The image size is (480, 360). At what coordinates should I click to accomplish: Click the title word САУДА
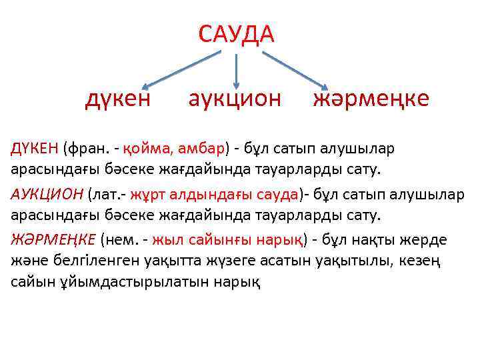point(236,33)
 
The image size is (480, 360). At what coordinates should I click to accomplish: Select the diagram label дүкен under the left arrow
point(118,99)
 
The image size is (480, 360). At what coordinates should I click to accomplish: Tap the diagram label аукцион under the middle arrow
point(235,99)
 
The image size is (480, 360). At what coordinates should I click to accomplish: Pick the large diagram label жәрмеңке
point(371,99)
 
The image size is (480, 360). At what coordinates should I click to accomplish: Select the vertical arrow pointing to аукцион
point(236,69)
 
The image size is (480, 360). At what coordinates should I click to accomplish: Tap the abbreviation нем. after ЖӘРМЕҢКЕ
point(124,239)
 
